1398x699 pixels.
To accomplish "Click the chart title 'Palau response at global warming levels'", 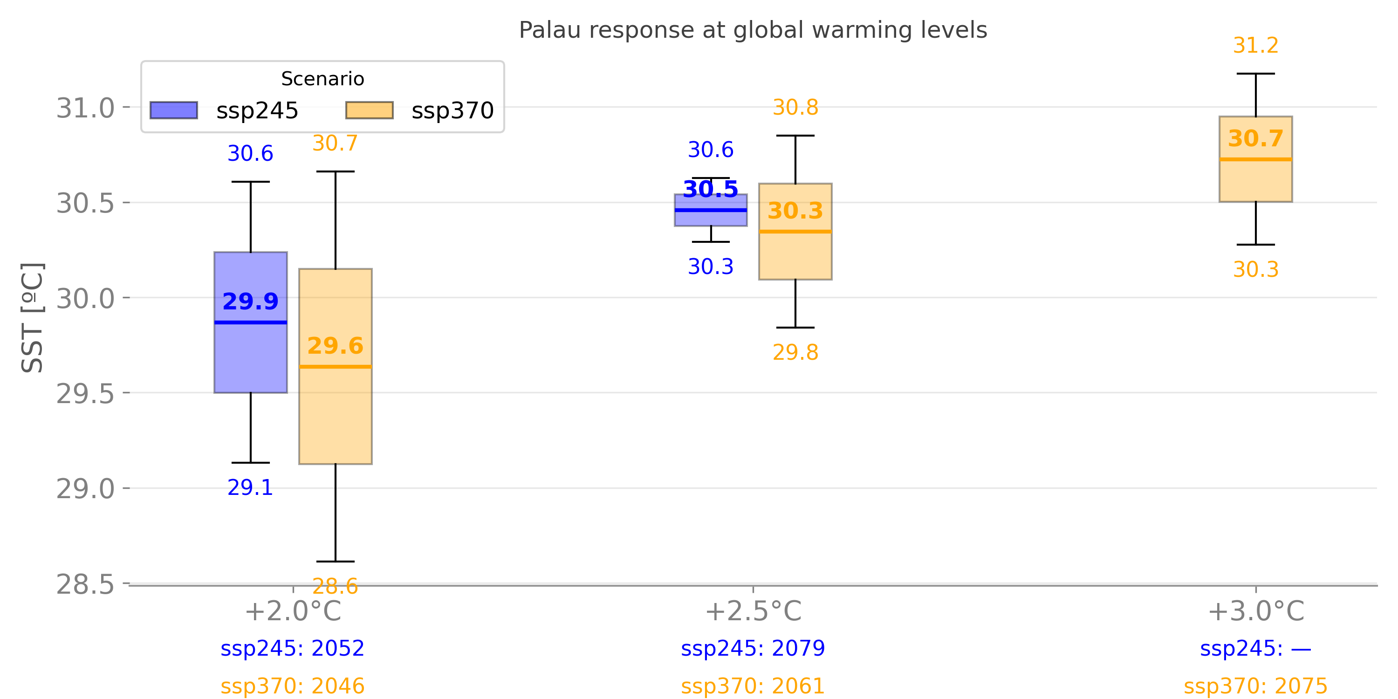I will pyautogui.click(x=753, y=30).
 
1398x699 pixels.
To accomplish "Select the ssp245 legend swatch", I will pyautogui.click(x=174, y=110).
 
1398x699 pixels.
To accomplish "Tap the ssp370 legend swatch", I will pyautogui.click(x=370, y=110).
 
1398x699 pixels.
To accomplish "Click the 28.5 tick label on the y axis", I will pyautogui.click(x=86, y=584).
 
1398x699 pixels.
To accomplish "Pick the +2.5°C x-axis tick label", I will pyautogui.click(x=753, y=611).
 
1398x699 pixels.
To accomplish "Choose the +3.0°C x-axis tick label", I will pyautogui.click(x=1256, y=611).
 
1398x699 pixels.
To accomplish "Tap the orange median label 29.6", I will pyautogui.click(x=336, y=346).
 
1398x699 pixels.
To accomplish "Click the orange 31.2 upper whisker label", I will pyautogui.click(x=1256, y=46).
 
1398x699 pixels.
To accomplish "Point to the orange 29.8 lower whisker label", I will pyautogui.click(x=795, y=353).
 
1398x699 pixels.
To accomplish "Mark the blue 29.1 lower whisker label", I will pyautogui.click(x=250, y=488).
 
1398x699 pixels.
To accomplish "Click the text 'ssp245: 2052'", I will pyautogui.click(x=293, y=649).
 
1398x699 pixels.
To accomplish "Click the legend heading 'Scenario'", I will pyautogui.click(x=322, y=79).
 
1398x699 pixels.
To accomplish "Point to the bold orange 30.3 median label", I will pyautogui.click(x=795, y=211).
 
